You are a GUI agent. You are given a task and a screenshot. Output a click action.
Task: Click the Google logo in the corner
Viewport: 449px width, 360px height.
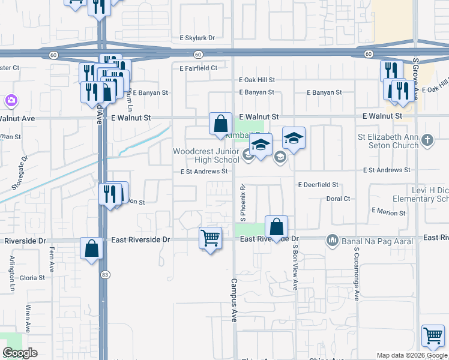coord(20,353)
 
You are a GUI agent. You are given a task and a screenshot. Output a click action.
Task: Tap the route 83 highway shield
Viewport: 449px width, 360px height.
coord(105,274)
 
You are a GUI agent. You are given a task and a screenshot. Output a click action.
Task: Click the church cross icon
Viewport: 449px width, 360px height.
coord(427,140)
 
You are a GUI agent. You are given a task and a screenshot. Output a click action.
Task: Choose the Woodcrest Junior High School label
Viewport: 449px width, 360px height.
coord(206,155)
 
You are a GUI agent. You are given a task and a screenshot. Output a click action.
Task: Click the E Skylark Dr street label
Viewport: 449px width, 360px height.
coord(197,38)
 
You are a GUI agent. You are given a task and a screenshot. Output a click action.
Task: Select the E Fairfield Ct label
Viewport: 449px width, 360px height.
coord(198,68)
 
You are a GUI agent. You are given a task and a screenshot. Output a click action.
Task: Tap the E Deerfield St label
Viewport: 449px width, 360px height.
coord(318,185)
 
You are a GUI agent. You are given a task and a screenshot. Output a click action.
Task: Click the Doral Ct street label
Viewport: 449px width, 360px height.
coord(338,198)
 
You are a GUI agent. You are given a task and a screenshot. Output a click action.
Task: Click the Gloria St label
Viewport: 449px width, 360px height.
coord(32,278)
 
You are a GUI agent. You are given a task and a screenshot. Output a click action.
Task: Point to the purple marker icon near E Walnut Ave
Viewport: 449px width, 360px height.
coord(10,100)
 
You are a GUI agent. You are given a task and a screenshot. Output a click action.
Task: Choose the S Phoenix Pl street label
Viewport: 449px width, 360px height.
coord(243,202)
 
